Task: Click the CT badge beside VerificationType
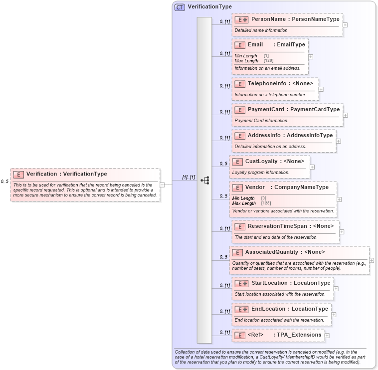pyautogui.click(x=180, y=7)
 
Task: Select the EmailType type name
pyautogui.click(x=291, y=44)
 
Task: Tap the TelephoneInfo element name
pyautogui.click(x=267, y=83)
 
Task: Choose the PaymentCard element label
pyautogui.click(x=266, y=109)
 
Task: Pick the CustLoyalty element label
pyautogui.click(x=261, y=161)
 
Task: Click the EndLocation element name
pyautogui.click(x=268, y=309)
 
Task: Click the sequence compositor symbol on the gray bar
pyautogui.click(x=204, y=181)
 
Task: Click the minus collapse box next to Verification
pyautogui.click(x=162, y=185)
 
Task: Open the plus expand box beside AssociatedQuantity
pyautogui.click(x=371, y=260)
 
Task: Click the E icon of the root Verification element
pyautogui.click(x=18, y=174)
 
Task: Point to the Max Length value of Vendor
pyautogui.click(x=266, y=203)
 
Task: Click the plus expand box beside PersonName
pyautogui.click(x=345, y=24)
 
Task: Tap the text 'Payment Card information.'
pyautogui.click(x=261, y=121)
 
